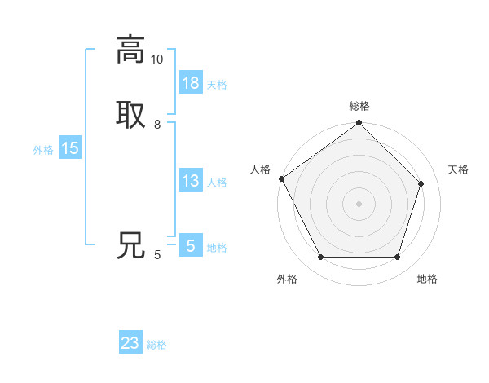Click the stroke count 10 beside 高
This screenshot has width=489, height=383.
pos(156,59)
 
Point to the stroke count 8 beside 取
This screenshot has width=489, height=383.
pos(157,125)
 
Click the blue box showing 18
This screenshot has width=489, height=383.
pos(191,83)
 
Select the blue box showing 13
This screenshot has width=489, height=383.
pos(191,181)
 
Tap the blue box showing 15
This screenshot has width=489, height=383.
pos(70,148)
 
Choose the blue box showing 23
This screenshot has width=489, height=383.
pos(130,343)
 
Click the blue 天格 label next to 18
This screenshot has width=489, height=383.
pos(217,85)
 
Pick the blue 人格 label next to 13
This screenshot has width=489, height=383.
pos(217,183)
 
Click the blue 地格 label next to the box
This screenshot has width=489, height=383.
pos(217,248)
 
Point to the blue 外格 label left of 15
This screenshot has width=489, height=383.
pos(43,150)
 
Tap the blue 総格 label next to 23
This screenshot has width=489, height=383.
pos(156,345)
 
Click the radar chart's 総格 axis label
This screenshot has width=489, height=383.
pos(359,106)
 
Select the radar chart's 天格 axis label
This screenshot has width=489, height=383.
pos(458,169)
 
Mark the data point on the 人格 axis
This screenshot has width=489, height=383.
pos(281,178)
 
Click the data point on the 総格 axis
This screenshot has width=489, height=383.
pos(359,123)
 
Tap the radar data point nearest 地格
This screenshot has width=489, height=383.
pos(397,258)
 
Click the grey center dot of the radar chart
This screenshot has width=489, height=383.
pos(359,204)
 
